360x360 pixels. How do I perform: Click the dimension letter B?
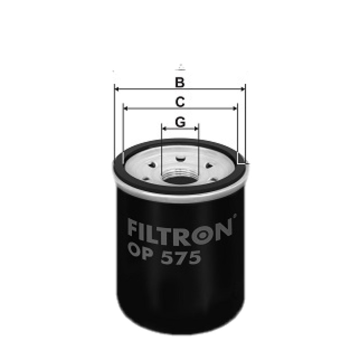point(180,82)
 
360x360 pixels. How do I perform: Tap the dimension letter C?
point(180,102)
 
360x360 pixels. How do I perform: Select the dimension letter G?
point(180,122)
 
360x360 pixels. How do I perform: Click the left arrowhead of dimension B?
point(117,89)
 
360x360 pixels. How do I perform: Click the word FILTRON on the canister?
point(180,228)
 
